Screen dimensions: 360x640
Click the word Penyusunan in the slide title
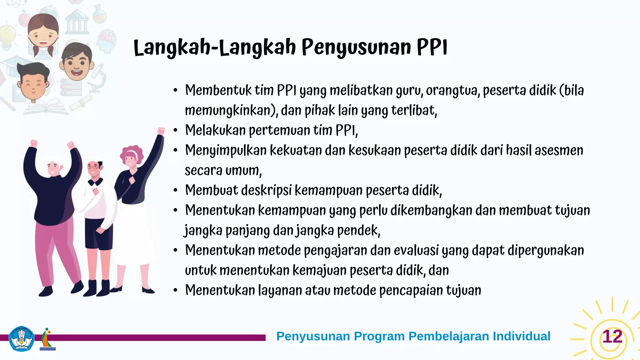[356, 47]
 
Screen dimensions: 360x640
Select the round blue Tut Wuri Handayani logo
[22, 339]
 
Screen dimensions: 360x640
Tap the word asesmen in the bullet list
[559, 150]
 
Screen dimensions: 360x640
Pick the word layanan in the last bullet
[280, 290]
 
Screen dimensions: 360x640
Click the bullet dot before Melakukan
[176, 130]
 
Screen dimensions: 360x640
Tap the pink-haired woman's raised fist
[161, 130]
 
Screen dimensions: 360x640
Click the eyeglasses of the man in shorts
[93, 167]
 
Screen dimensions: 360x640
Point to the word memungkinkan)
[231, 111]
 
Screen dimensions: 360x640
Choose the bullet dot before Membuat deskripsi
[176, 190]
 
